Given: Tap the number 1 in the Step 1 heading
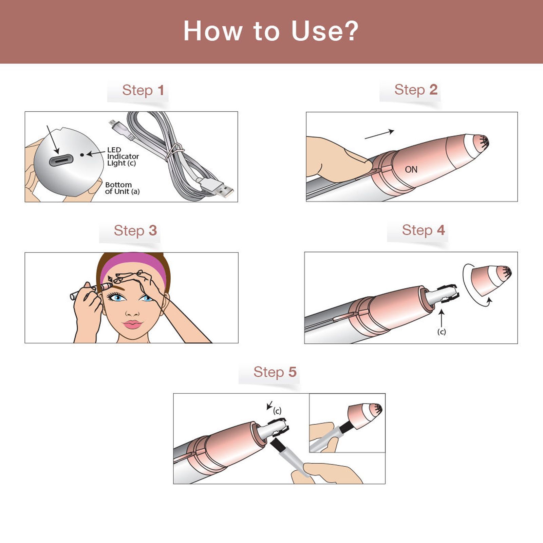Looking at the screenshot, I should (x=161, y=90).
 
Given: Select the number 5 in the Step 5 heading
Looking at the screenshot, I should (x=292, y=372).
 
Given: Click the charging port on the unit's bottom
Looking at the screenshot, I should (x=61, y=160).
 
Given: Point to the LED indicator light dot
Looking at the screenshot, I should (x=82, y=155).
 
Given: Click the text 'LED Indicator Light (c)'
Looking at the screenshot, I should (x=123, y=156).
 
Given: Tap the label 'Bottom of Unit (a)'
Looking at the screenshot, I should (x=122, y=188).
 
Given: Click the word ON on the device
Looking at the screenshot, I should (x=411, y=169).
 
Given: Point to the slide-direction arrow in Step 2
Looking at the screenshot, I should (x=379, y=134).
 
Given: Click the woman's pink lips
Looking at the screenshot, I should (x=132, y=324).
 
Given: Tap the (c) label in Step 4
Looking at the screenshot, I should (x=441, y=332).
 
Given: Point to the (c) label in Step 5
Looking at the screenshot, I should (x=277, y=411).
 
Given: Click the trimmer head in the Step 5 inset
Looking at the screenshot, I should (x=365, y=412).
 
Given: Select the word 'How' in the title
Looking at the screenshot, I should (x=213, y=31).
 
